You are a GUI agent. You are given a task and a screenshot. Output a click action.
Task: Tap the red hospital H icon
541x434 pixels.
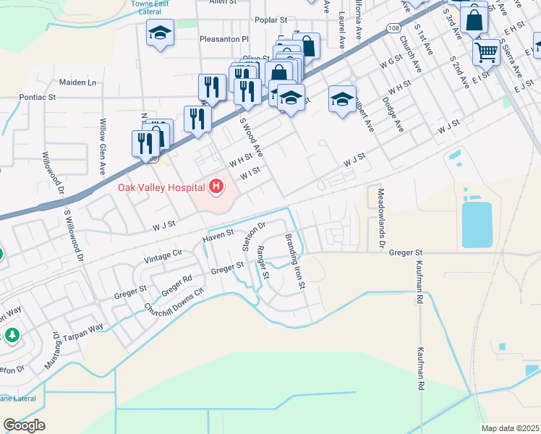[x=216, y=188]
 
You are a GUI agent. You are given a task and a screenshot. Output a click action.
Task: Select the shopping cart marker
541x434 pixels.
[x=486, y=51]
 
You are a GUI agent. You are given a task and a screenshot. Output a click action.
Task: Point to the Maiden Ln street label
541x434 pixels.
[x=77, y=82]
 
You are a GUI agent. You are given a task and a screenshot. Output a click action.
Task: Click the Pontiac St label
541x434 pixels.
[x=38, y=96]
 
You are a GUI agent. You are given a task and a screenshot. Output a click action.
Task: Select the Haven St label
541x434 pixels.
[x=218, y=234]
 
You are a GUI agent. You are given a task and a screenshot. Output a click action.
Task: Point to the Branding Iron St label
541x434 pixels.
[x=294, y=261]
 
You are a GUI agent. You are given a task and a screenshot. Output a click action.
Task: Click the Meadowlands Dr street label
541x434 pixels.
[x=382, y=216]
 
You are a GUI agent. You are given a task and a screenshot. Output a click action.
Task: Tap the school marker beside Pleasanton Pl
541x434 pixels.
[x=160, y=32]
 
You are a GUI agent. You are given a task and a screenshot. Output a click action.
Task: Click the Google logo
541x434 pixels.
[x=24, y=425]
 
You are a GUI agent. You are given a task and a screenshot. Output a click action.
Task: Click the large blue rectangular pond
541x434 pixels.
[x=477, y=224]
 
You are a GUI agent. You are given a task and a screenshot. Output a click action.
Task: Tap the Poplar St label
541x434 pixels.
[x=270, y=21]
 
